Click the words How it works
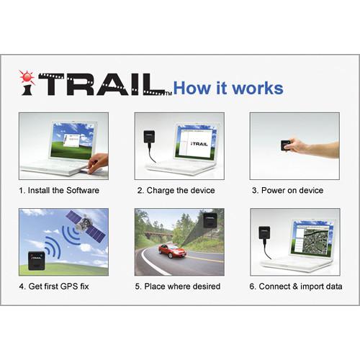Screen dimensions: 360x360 (228, 89)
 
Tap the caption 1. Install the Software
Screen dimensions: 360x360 (59, 190)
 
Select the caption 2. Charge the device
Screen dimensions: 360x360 (176, 190)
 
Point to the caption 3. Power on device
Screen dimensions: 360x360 (287, 190)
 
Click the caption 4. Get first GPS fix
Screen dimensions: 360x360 (58, 287)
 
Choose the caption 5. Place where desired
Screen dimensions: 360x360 (177, 287)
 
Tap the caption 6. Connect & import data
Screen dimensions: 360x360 (296, 287)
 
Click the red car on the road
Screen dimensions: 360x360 (170, 251)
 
